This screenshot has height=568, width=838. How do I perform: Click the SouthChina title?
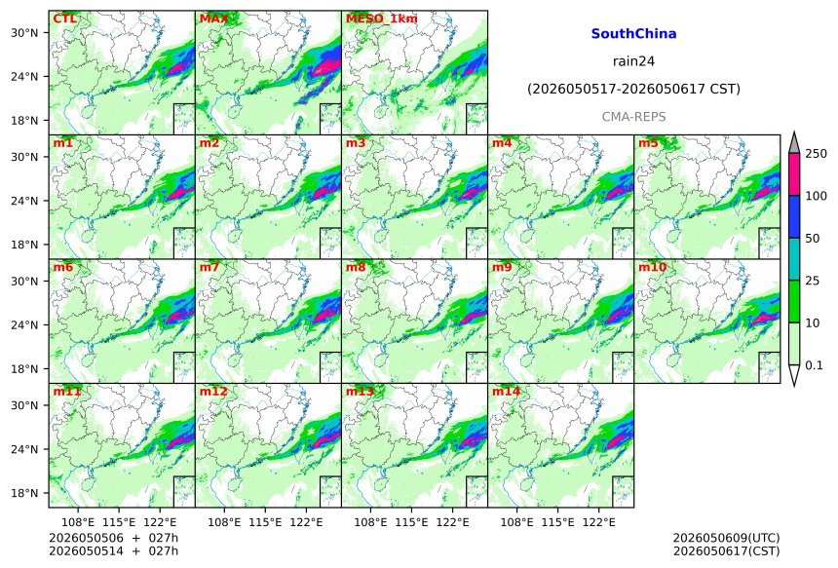click(x=633, y=34)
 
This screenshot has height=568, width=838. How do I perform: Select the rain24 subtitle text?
click(x=633, y=61)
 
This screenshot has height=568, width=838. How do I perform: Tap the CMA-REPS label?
click(x=633, y=117)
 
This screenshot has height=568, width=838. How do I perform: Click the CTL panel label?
click(x=64, y=19)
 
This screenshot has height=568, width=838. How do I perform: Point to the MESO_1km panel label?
click(x=382, y=19)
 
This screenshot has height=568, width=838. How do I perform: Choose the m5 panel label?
click(x=648, y=143)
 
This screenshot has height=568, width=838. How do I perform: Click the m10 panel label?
click(x=652, y=267)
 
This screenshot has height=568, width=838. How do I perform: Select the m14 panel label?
click(x=506, y=392)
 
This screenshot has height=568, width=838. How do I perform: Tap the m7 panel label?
click(x=209, y=267)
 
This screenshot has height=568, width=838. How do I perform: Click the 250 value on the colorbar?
click(x=817, y=154)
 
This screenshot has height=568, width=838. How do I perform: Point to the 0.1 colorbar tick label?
click(x=814, y=365)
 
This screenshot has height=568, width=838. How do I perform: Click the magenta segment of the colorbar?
click(x=794, y=174)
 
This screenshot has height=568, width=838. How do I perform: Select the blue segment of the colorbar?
click(x=794, y=216)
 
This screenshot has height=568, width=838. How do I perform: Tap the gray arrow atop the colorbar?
click(x=794, y=143)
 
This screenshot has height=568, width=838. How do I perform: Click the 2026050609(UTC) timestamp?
click(x=726, y=538)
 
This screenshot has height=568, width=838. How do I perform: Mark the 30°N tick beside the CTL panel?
click(x=24, y=32)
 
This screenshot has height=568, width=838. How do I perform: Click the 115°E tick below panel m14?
click(x=557, y=521)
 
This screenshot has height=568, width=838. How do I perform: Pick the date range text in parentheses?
click(x=633, y=89)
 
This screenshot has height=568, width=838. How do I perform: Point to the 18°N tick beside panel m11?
click(x=24, y=493)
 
